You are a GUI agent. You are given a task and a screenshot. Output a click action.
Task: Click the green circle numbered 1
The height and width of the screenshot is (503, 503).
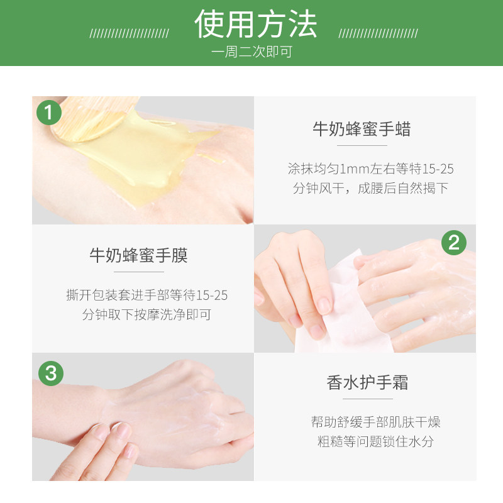50,113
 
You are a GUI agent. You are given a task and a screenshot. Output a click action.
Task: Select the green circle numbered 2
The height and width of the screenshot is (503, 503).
454,241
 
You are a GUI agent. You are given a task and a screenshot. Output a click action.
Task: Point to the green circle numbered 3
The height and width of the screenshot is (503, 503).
50,372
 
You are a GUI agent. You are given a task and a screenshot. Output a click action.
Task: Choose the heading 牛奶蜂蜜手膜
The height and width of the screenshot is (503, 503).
138,255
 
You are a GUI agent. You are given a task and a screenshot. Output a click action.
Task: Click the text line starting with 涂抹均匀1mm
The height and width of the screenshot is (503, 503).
370,169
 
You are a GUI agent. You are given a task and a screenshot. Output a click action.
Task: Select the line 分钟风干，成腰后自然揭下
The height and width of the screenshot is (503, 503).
370,188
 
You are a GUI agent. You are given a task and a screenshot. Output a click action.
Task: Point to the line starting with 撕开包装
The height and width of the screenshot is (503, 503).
147,295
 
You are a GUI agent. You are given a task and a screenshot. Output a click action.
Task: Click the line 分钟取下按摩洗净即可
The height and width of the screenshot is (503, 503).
146,314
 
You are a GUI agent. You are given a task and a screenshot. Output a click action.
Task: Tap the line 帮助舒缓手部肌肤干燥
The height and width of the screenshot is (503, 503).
375,421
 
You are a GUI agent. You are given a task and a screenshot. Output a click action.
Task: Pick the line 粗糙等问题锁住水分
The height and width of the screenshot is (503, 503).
375,441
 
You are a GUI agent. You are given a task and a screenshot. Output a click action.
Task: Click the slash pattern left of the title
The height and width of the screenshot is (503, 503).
128,33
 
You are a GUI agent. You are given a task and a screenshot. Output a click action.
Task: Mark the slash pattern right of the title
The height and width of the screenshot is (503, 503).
378,33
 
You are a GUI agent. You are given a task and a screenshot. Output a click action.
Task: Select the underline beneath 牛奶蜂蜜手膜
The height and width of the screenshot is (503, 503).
139,272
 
